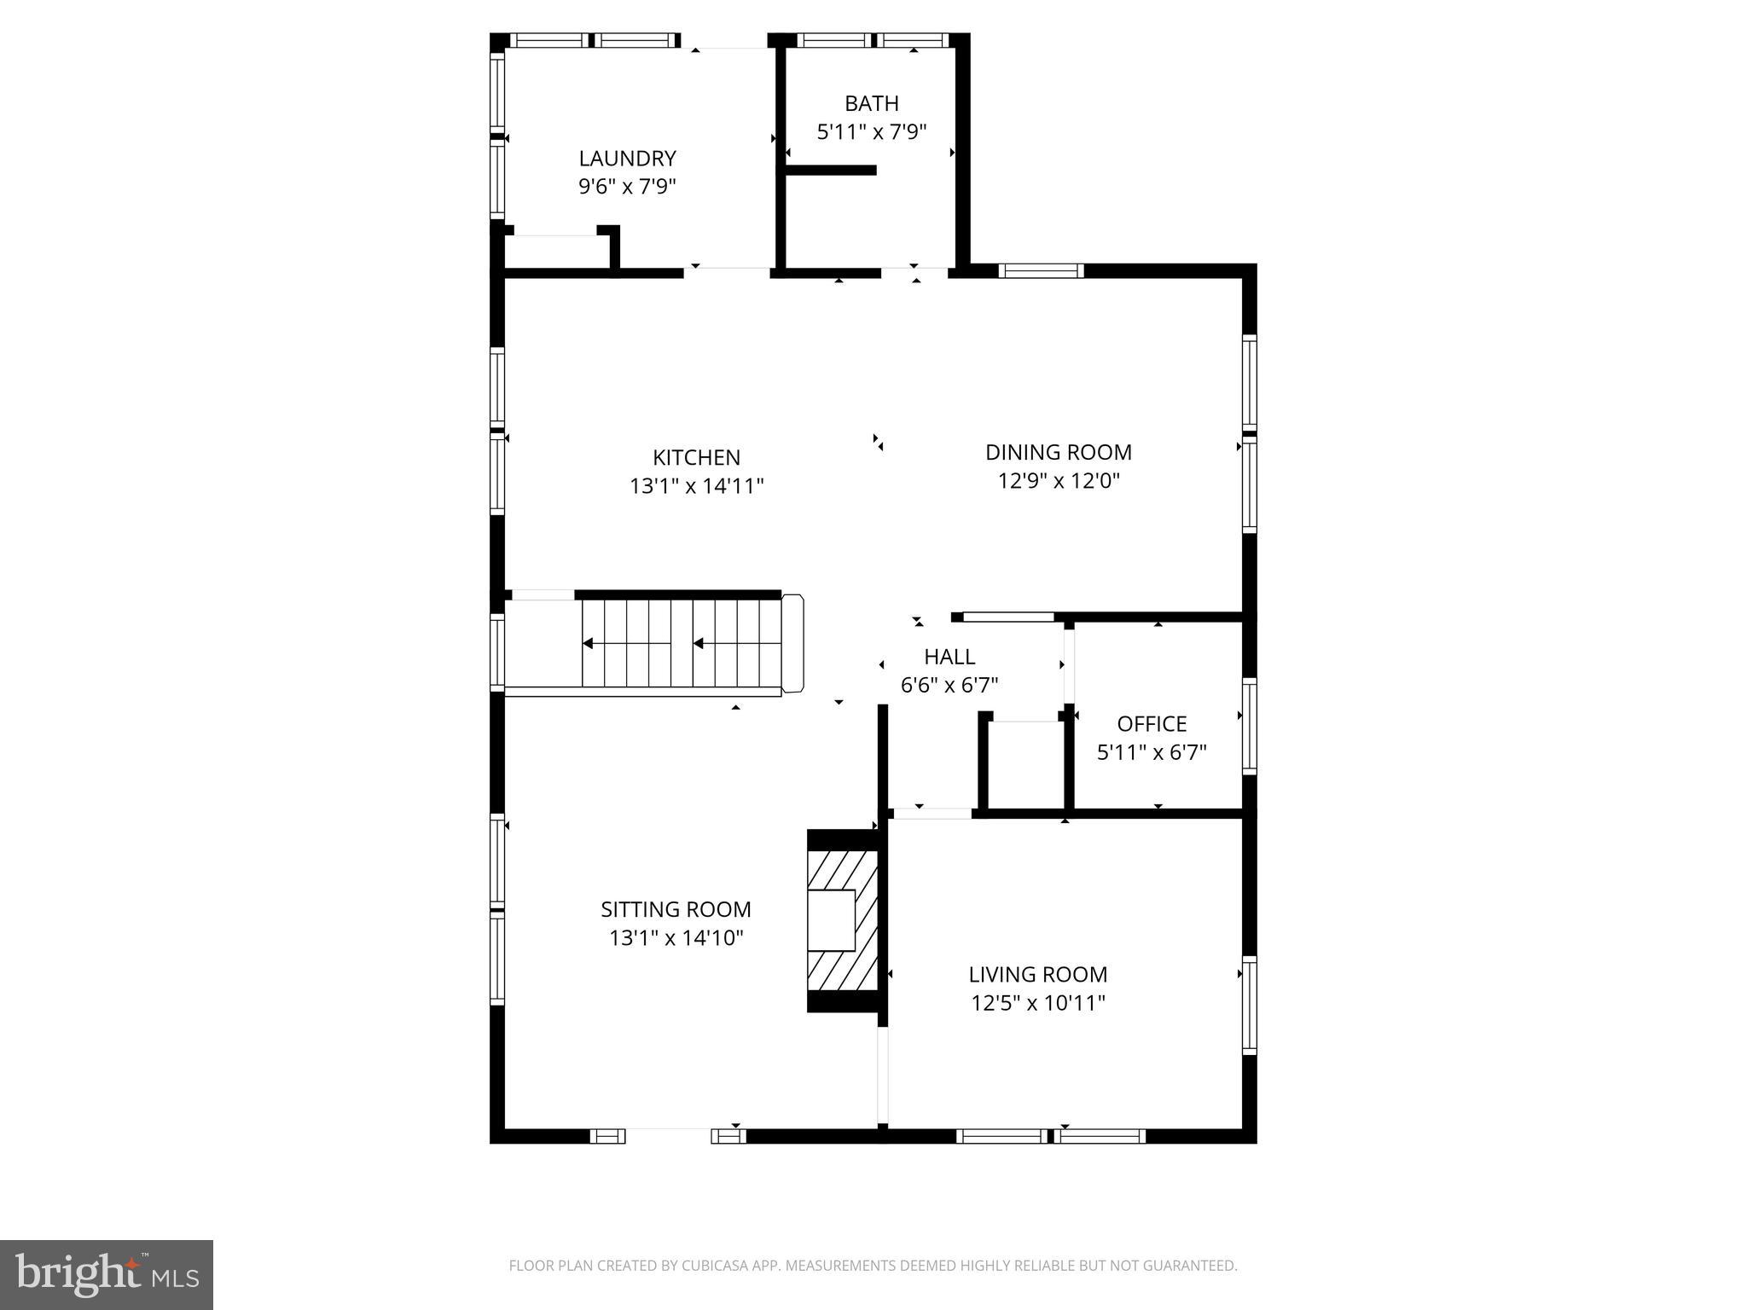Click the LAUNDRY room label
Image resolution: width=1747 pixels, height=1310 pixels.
[x=627, y=159]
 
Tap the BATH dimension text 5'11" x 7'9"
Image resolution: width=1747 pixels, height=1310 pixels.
[x=871, y=132]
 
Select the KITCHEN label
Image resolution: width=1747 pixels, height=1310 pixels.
[x=696, y=457]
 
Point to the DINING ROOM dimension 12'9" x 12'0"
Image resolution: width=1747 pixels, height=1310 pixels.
[x=1058, y=481]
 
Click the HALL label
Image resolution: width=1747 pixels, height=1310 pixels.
[x=949, y=657]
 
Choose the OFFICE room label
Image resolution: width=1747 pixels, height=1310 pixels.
[x=1152, y=724]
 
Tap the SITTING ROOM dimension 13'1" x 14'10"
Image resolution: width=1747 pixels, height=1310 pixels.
[x=676, y=938]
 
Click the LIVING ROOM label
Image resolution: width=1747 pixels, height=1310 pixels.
[x=1037, y=974]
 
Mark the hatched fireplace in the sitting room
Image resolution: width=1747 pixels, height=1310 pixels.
[x=843, y=920]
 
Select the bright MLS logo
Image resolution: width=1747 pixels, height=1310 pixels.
[x=107, y=1274]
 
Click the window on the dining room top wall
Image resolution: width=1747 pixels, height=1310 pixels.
[x=1041, y=270]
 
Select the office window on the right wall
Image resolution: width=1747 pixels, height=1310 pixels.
[x=1249, y=725]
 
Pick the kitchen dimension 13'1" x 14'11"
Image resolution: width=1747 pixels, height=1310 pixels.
[x=696, y=486]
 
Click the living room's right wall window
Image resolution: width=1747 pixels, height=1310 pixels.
[x=1249, y=1005]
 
